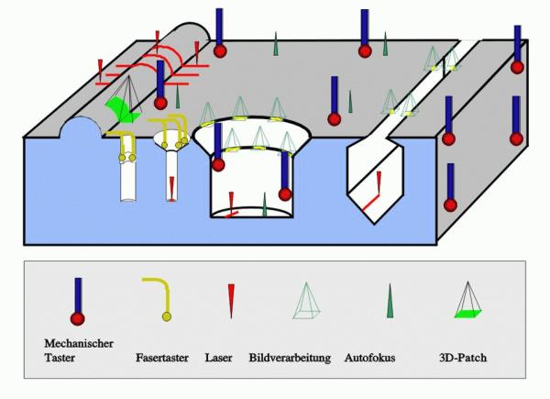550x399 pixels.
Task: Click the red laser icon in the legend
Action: coord(231,300)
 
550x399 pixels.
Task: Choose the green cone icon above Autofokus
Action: coord(391,301)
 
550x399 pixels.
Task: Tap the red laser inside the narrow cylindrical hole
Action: coord(171,188)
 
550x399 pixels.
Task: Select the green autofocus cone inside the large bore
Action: coord(265,204)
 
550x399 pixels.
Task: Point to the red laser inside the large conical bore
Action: coord(232,204)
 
